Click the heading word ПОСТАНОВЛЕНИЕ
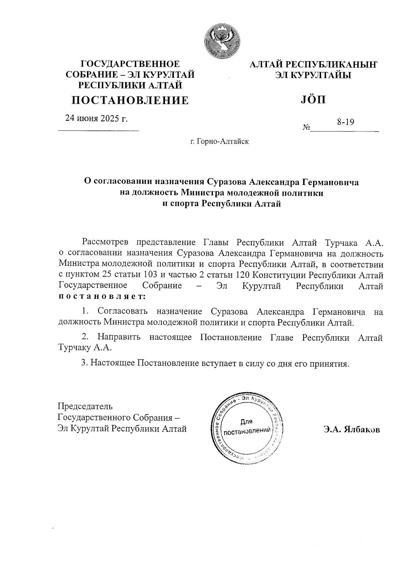[130, 100]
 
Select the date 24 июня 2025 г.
[96, 118]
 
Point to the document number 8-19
[345, 122]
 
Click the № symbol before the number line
[307, 128]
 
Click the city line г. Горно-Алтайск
[219, 141]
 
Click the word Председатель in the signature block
[85, 406]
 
